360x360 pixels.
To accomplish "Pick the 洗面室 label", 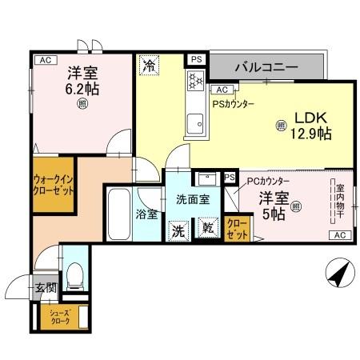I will click(x=191, y=199).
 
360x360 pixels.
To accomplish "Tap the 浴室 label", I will click(x=146, y=214).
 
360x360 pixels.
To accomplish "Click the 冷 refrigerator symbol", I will click(x=149, y=66).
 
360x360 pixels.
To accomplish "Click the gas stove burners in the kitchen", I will click(x=194, y=81).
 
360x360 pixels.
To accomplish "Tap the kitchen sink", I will click(x=194, y=123).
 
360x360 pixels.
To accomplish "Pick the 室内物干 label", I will click(x=338, y=203).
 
